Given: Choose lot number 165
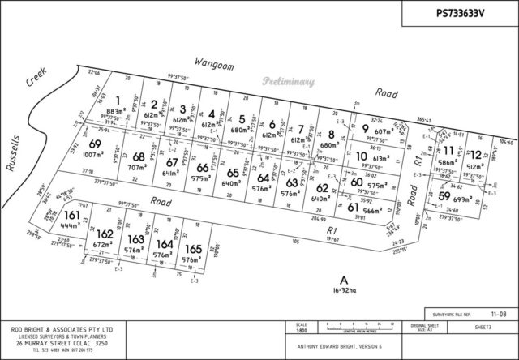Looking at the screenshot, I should pos(192,248).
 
